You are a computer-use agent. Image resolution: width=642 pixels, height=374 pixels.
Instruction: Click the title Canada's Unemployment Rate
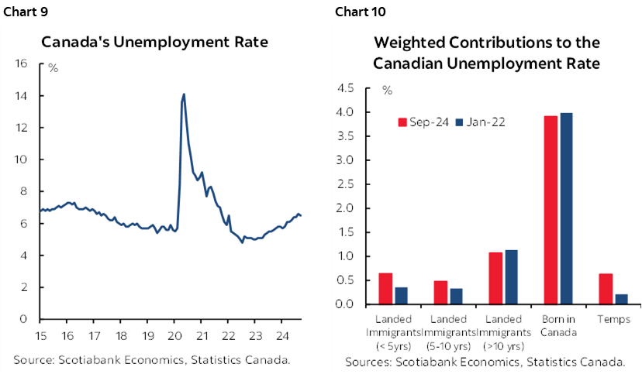pos(154,42)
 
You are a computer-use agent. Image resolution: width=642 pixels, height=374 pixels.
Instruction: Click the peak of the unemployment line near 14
pos(184,95)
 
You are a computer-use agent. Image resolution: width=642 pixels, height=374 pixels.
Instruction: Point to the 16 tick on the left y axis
pos(22,63)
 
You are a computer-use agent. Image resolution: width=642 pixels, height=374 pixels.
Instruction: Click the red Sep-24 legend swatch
pos(402,122)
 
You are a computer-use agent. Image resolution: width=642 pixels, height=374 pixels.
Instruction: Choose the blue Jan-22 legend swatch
pos(459,122)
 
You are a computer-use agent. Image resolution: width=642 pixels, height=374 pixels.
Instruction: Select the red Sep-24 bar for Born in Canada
pos(551,210)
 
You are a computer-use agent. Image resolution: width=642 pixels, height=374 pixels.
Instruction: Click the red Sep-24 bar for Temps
pos(606,289)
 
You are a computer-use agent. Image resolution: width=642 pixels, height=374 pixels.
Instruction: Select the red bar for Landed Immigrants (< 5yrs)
pos(385,288)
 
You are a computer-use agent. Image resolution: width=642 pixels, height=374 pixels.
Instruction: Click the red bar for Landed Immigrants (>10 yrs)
pos(495,278)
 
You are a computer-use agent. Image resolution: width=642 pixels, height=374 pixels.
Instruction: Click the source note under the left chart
pos(152,359)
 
